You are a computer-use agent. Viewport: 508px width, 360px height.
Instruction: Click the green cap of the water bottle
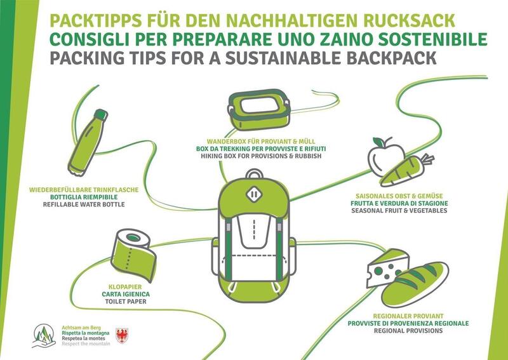pos(101,115)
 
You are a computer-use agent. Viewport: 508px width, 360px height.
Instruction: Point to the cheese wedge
pos(388,268)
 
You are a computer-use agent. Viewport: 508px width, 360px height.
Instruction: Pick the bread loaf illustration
pos(415,284)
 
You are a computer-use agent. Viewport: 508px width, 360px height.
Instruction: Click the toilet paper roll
pos(133,255)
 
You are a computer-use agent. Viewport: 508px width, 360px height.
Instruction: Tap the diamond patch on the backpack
pos(254,194)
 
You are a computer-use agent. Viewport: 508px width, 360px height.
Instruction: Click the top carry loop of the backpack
pos(255,173)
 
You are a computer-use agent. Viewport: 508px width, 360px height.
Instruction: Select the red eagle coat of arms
pos(122,336)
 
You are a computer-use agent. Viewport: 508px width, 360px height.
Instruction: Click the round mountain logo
pos(44,335)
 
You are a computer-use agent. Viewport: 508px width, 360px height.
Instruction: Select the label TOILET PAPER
pos(126,302)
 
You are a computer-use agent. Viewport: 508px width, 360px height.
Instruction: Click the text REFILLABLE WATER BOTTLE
pos(84,204)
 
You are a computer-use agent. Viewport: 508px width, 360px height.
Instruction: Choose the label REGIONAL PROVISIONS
pos(408,331)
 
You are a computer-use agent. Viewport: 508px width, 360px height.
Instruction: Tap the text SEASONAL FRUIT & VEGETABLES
pos(399,211)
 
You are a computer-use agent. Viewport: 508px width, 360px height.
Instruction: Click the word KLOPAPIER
pos(125,287)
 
